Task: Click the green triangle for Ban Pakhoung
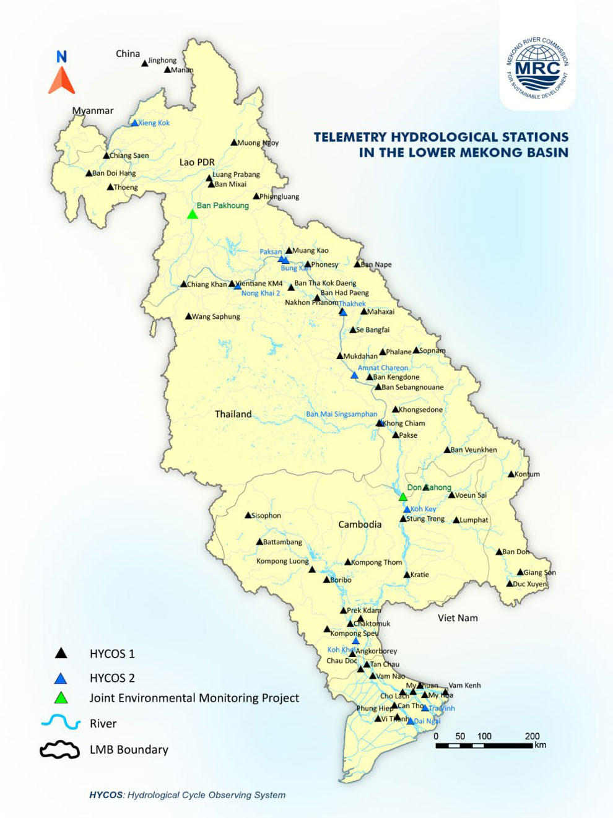tap(193, 214)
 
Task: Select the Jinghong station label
tap(162, 61)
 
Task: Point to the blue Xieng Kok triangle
tap(134, 123)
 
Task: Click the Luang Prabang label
tap(236, 175)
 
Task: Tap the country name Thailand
tap(233, 414)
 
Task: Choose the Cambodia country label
tap(360, 524)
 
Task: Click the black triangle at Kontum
tap(511, 474)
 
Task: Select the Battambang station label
tap(282, 542)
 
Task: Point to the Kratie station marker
tap(407, 575)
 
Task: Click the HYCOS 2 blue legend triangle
tap(61, 678)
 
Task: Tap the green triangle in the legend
tap(61, 698)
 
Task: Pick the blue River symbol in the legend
tap(60, 723)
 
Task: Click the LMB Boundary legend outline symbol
tap(60, 750)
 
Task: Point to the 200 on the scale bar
tap(532, 736)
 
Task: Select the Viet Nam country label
tap(458, 618)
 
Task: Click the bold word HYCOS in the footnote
tap(107, 795)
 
